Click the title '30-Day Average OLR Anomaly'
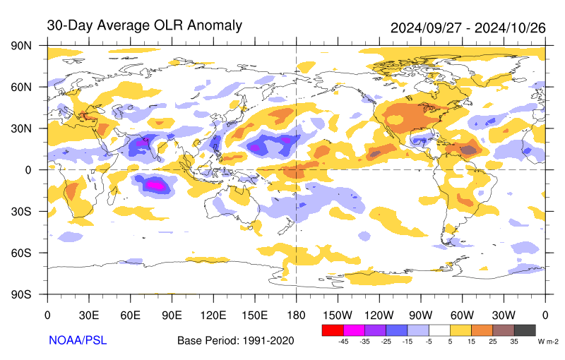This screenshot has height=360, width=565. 144,25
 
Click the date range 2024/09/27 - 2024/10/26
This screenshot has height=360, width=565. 468,28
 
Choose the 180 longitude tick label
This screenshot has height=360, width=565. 296,314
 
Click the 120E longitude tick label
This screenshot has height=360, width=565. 213,314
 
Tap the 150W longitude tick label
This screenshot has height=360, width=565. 337,314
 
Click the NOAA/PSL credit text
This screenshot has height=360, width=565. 77,340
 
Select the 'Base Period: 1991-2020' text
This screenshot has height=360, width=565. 235,341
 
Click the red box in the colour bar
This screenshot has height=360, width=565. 332,330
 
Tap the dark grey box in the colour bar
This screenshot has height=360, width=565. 524,330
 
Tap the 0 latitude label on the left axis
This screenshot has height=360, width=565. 30,169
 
